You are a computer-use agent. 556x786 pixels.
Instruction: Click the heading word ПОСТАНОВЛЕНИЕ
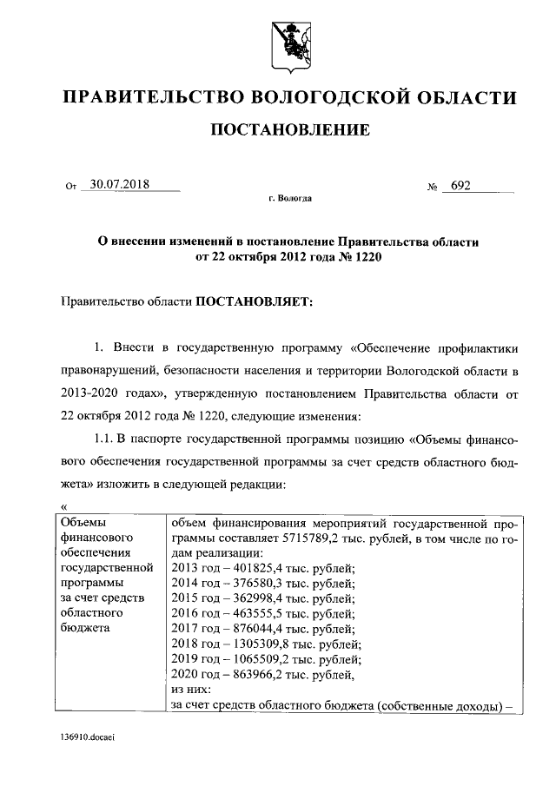click(x=290, y=130)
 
